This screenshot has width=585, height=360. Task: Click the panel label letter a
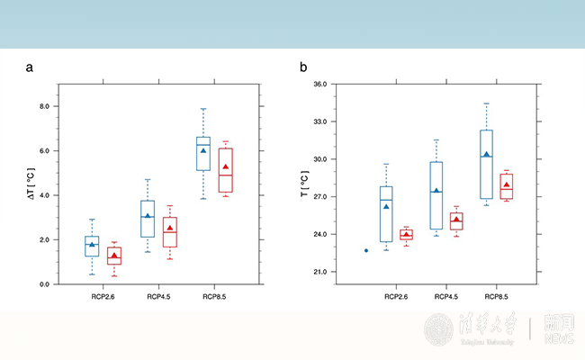coord(30,67)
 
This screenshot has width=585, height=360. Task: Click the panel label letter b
coord(303,67)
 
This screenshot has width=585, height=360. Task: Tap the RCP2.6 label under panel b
coord(397,296)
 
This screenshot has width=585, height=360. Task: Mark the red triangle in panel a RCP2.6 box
coord(113,256)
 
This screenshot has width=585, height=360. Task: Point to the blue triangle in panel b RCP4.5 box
coord(436,191)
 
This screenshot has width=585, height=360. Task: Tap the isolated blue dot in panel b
coord(366,250)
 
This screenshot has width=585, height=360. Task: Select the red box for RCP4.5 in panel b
coord(456,221)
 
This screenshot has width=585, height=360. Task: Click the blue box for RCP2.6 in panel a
coord(92,247)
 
